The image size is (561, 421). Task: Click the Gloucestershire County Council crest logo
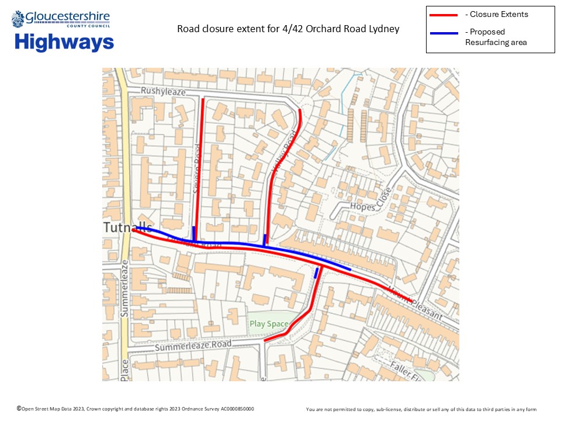pos(18,19)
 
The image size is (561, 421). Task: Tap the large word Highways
pos(64,42)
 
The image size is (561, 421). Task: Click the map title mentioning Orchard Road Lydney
pos(288,29)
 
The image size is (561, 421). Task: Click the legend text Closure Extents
pos(497,15)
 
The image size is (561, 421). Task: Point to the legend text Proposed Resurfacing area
pos(496,37)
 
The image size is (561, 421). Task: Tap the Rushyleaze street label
pos(163,92)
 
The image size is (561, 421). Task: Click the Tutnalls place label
pos(128,227)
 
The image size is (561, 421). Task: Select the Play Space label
pos(269,324)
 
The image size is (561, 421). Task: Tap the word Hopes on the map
pos(362,206)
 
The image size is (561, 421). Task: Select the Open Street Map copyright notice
pos(136,409)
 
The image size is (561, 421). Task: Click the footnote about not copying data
pos(421,409)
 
